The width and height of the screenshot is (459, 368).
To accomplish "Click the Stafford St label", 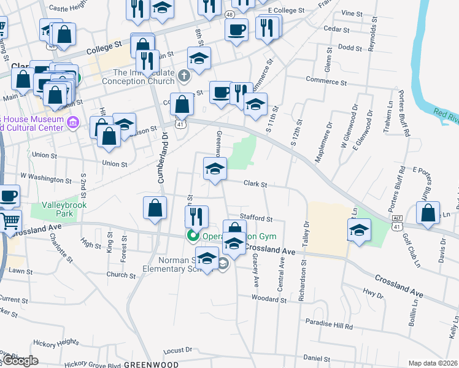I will [256, 218].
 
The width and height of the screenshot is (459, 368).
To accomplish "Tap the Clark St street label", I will [255, 183].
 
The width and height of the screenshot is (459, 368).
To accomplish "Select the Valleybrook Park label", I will [64, 209].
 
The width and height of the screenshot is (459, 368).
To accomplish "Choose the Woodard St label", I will [269, 300].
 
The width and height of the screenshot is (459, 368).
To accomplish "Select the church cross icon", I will [184, 77].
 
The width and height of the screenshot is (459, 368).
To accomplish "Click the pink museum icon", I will [74, 123].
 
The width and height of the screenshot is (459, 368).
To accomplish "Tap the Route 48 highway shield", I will [229, 13].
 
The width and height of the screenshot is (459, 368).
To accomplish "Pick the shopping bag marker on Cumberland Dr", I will [155, 208].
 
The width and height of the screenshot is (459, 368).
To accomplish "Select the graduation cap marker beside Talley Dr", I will [359, 231].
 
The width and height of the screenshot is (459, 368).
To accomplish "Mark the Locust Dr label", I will [179, 351].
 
